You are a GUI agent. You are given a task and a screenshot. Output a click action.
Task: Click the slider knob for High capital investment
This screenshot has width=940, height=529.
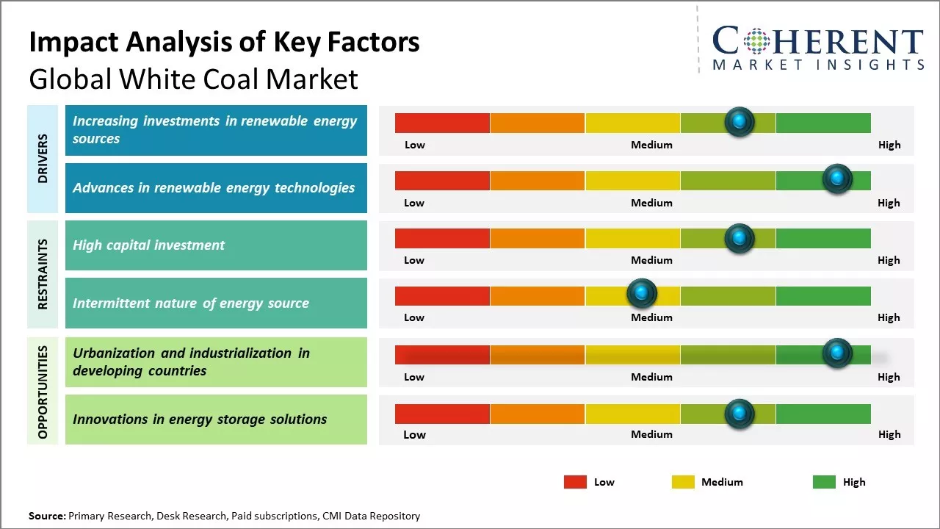tap(740, 238)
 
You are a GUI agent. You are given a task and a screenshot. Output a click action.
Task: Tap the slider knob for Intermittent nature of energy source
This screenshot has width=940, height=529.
tap(642, 294)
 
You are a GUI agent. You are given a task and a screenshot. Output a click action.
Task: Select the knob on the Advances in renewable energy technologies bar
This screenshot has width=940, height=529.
tap(837, 179)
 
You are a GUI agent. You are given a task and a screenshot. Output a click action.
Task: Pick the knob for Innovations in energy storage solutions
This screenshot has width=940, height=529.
tap(740, 414)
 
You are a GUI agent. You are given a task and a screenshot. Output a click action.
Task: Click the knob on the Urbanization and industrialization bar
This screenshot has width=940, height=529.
tap(837, 353)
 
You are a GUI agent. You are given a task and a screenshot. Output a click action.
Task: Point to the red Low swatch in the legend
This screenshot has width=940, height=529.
tap(575, 482)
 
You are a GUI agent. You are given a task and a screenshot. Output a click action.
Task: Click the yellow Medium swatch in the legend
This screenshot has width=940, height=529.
tap(683, 482)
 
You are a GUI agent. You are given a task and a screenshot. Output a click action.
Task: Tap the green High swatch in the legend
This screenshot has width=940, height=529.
tap(824, 482)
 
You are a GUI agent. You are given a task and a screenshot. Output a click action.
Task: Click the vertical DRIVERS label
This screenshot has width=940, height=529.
tap(43, 158)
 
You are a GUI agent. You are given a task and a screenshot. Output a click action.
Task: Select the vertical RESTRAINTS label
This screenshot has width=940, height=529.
tap(43, 273)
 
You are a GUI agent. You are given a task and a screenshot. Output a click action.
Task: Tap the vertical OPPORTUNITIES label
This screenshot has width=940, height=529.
tap(43, 392)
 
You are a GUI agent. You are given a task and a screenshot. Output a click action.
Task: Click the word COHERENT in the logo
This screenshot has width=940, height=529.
tap(818, 41)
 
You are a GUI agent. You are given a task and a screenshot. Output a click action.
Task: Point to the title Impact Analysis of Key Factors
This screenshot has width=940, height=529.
tap(224, 42)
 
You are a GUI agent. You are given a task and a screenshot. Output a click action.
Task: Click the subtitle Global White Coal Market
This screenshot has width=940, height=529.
tap(193, 79)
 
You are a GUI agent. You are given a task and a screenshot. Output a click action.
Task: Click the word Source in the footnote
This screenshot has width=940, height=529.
tap(46, 517)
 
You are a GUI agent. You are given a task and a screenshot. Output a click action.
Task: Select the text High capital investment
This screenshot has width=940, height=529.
tap(148, 245)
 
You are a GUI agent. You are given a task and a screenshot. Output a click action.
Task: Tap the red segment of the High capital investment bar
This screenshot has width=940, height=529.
tap(442, 238)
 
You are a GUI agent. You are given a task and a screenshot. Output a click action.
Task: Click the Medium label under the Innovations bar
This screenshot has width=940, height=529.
tap(651, 434)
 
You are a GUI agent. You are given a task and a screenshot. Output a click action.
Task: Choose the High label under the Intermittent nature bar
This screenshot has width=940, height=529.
tap(889, 317)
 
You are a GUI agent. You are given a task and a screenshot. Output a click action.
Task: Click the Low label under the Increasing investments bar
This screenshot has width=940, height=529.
tap(415, 145)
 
